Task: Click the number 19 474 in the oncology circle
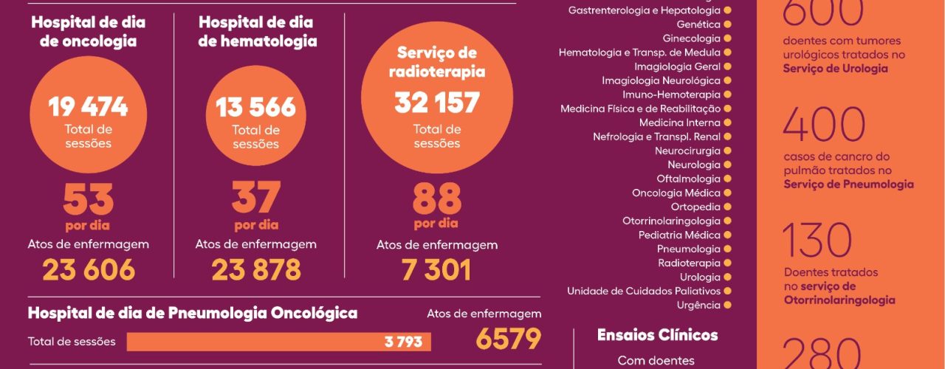click(89, 108)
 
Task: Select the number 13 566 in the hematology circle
click(256, 108)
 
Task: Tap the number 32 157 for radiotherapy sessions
click(437, 103)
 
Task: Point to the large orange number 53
click(89, 199)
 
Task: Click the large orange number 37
click(256, 198)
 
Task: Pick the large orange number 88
click(436, 199)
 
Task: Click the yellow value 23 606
click(89, 270)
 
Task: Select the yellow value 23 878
click(256, 270)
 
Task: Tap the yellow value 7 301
click(436, 270)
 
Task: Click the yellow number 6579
click(509, 339)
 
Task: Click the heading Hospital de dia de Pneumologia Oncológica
click(193, 313)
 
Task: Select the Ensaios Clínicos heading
click(657, 335)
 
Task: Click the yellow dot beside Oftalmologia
click(727, 179)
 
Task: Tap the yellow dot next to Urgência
click(727, 305)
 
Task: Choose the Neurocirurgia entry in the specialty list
click(687, 151)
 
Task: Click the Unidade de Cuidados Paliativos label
click(643, 291)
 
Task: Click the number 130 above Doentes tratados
click(817, 241)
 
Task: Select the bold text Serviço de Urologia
click(836, 69)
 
